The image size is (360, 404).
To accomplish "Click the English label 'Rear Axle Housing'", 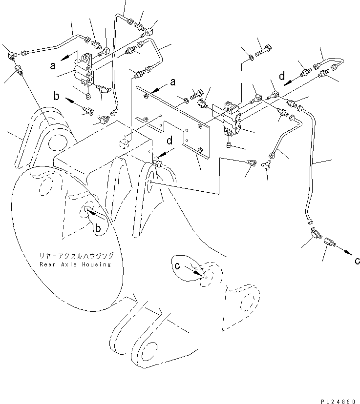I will click(x=75, y=264).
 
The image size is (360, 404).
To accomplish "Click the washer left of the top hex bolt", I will click(x=251, y=58).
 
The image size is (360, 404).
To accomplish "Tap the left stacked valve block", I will click(x=84, y=70).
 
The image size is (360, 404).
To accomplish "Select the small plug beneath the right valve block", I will click(x=229, y=145).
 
